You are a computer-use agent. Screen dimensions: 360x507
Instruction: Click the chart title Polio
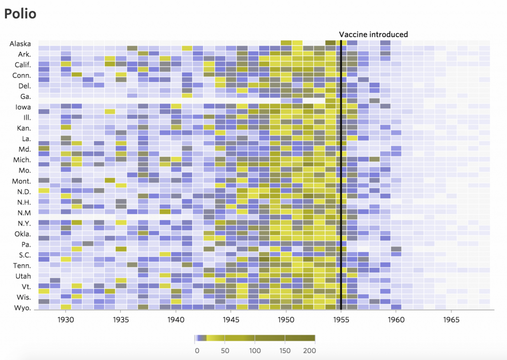click(x=20, y=13)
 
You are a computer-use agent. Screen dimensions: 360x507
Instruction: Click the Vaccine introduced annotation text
click(x=373, y=34)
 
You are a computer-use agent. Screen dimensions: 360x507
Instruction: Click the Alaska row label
click(x=20, y=44)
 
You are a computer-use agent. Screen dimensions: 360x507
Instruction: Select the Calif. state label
click(x=22, y=65)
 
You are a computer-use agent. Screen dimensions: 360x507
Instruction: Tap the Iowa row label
click(x=23, y=107)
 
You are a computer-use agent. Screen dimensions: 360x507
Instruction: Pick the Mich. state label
click(x=22, y=160)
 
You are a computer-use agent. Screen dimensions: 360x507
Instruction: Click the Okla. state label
click(x=22, y=234)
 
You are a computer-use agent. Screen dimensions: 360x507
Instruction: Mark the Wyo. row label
click(x=22, y=308)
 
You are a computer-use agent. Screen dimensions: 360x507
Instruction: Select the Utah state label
click(x=23, y=276)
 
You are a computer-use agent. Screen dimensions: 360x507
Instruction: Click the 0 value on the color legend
click(x=197, y=351)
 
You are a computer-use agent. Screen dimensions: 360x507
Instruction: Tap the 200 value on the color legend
click(x=309, y=351)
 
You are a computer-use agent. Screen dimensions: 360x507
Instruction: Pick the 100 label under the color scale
click(x=254, y=351)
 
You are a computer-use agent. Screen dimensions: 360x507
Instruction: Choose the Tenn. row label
click(x=22, y=265)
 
